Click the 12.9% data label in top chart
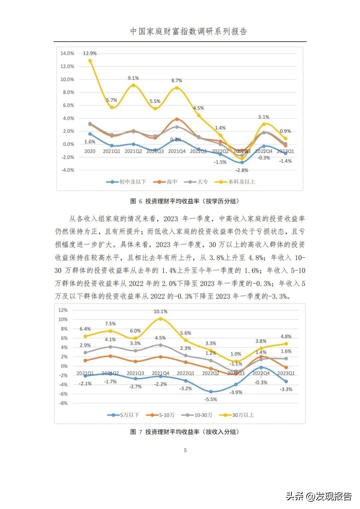90,53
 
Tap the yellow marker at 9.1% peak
133,85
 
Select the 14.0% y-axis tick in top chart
67,53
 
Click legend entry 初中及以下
126,182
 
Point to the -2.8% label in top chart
242,170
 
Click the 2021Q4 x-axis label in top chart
177,151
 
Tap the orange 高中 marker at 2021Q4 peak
177,119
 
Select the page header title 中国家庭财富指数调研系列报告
188,32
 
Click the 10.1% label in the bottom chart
161,311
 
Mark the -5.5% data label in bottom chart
211,399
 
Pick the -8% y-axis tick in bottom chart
63,403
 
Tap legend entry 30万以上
237,415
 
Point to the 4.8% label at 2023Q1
286,337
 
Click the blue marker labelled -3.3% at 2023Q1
286,381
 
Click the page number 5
185,450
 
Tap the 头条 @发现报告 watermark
319,496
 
